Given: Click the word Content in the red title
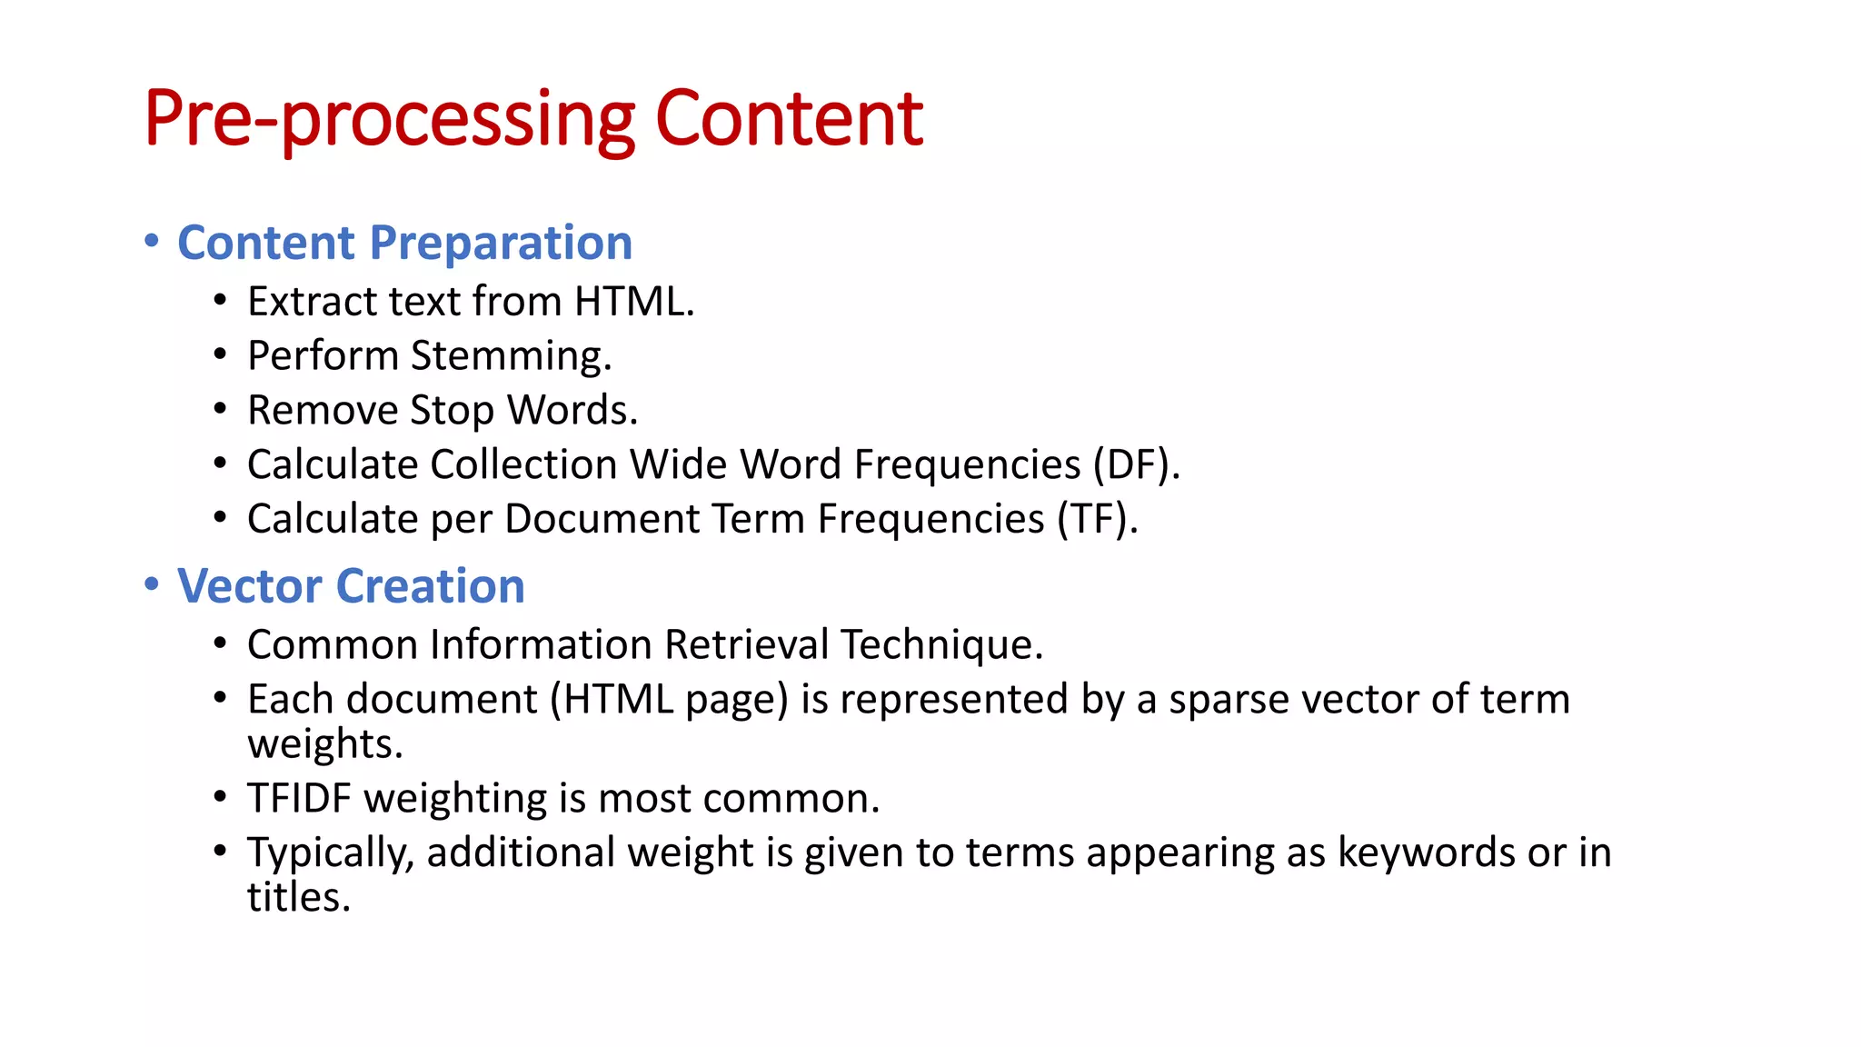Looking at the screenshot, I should tap(789, 119).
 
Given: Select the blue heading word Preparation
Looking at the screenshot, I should tap(501, 244).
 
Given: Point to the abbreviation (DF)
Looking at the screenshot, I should tap(1136, 464).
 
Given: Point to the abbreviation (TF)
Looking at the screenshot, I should tap(1097, 519).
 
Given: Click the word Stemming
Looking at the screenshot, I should tap(511, 355).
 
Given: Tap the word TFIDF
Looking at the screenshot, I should tap(299, 799).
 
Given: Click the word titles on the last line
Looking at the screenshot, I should tap(298, 898).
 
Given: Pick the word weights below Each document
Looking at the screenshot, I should tap(324, 744).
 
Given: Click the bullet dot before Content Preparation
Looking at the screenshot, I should tap(152, 242).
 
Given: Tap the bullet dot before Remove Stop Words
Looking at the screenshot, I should tap(220, 409).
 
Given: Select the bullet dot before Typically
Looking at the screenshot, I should tap(220, 852).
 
